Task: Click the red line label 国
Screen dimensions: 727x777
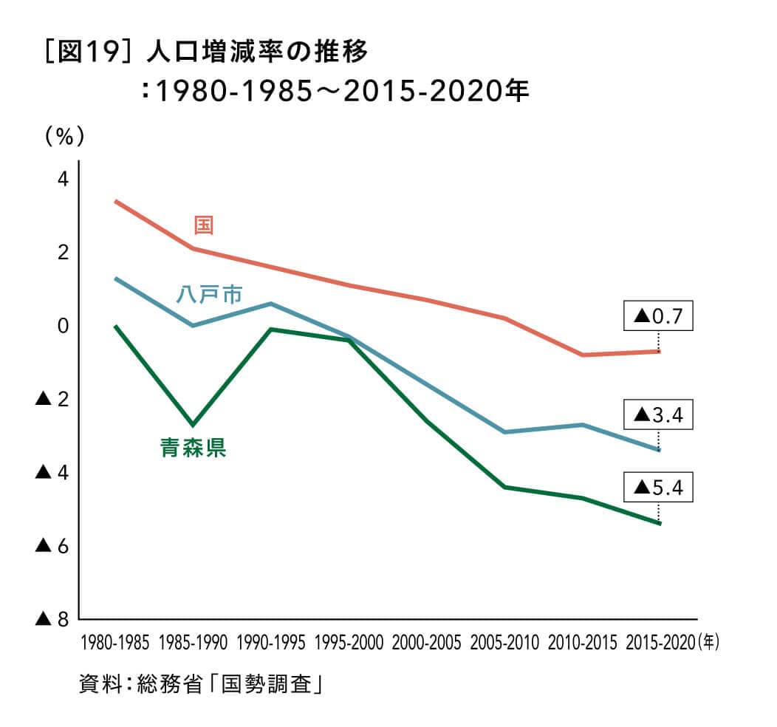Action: pyautogui.click(x=203, y=225)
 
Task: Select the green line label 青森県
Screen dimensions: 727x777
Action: pyautogui.click(x=194, y=448)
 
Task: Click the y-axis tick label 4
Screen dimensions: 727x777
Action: pyautogui.click(x=62, y=180)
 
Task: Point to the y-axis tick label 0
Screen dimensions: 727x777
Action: pyautogui.click(x=62, y=326)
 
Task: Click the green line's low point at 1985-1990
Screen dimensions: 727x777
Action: pyautogui.click(x=194, y=425)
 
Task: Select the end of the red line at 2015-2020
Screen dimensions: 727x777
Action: pyautogui.click(x=659, y=351)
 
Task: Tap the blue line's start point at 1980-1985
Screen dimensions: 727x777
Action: pyautogui.click(x=116, y=279)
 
